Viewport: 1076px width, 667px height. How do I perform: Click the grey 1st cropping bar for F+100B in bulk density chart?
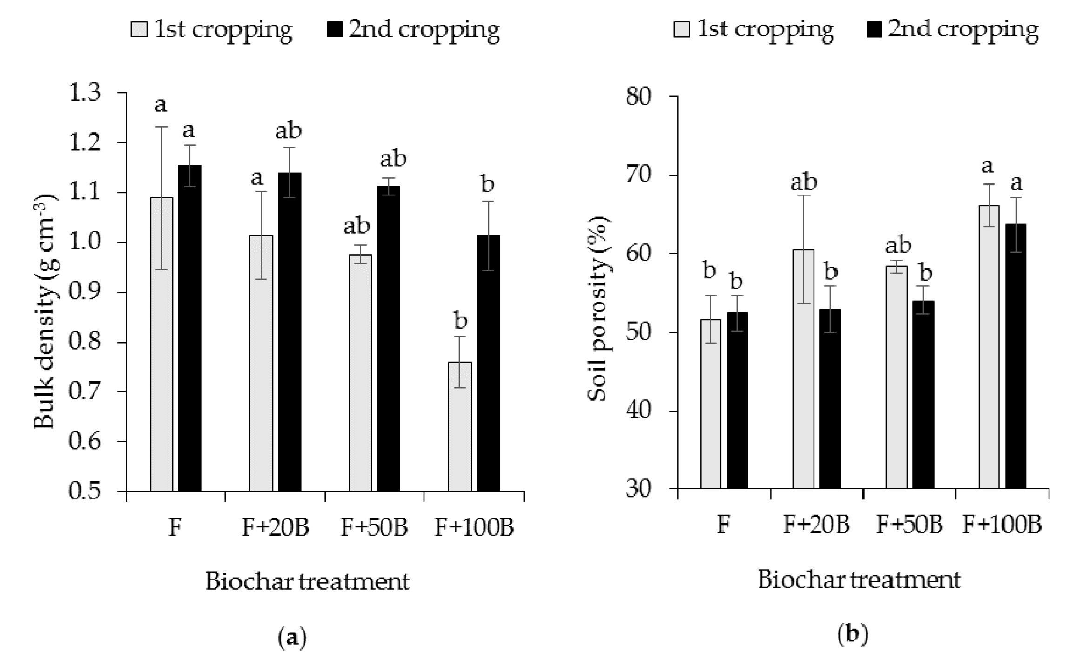[x=460, y=426]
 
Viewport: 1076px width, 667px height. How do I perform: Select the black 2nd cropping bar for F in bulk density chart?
[x=190, y=328]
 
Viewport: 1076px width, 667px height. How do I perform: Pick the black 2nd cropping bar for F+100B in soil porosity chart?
[x=1015, y=356]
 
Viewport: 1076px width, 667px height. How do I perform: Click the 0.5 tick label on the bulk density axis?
[x=85, y=491]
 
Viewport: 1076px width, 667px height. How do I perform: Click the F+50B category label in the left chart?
[x=374, y=527]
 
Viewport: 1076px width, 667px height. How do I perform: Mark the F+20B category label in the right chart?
[x=816, y=525]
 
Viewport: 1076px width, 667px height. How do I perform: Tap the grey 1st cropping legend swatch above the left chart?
[x=139, y=30]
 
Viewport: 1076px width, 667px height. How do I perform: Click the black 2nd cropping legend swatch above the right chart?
[x=875, y=30]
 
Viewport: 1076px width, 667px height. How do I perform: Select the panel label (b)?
[x=853, y=634]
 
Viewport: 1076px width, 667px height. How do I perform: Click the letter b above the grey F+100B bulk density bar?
[x=460, y=321]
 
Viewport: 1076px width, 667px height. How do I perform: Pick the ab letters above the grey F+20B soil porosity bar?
[x=804, y=182]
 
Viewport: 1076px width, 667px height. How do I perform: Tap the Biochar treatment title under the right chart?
[x=859, y=579]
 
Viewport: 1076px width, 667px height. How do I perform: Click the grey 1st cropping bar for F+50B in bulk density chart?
[x=360, y=372]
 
